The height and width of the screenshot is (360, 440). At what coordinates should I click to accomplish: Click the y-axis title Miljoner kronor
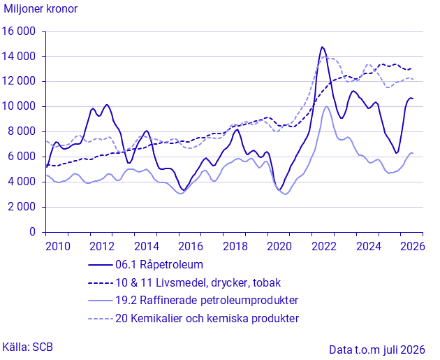click(41, 9)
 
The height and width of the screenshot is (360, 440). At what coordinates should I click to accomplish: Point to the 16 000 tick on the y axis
click(19, 31)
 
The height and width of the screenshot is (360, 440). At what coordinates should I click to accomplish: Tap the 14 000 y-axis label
click(19, 57)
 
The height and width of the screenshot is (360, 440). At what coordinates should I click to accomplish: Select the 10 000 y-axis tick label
click(19, 106)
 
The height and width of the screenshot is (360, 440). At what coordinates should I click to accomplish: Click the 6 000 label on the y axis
click(22, 157)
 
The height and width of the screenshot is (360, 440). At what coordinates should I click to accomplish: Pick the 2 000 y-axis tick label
click(22, 207)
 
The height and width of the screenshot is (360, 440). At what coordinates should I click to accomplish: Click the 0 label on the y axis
click(33, 232)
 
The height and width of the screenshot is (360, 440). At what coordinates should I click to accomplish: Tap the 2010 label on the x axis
click(58, 246)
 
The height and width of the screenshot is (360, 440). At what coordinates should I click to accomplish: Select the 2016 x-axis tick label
click(191, 246)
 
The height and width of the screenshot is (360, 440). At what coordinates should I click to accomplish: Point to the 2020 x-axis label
click(279, 246)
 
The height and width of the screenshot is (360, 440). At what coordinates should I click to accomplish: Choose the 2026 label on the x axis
click(413, 246)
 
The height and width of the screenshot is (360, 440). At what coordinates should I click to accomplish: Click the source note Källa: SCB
click(27, 347)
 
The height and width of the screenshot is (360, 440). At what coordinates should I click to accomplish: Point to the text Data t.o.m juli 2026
click(377, 350)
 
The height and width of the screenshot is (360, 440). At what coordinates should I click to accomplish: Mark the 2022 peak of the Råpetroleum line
click(322, 47)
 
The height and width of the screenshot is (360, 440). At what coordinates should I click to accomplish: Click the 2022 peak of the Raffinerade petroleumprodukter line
click(326, 106)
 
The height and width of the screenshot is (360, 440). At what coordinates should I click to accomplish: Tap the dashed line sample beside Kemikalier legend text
click(100, 319)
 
